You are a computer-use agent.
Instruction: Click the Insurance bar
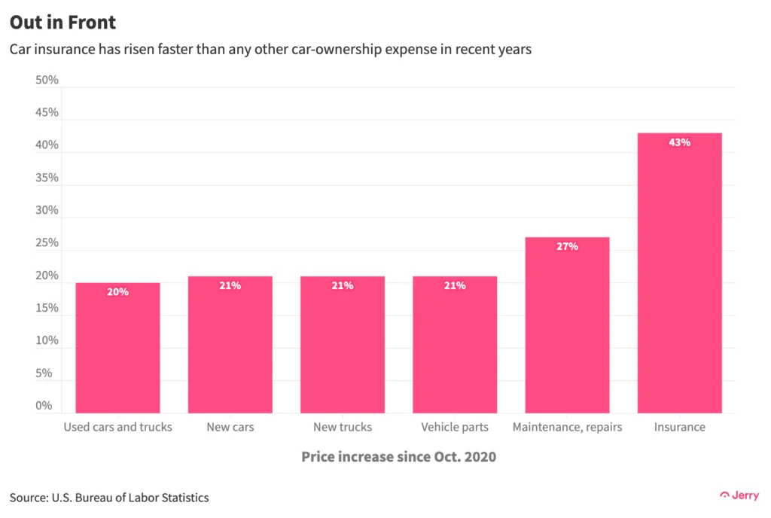pos(679,273)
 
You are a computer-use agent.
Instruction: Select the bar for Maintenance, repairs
pos(567,325)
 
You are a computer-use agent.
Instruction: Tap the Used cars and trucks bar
pos(117,347)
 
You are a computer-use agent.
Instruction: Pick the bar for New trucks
pos(343,344)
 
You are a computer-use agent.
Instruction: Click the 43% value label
pos(679,142)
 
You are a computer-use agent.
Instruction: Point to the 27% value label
pos(567,246)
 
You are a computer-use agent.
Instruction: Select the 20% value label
pos(117,291)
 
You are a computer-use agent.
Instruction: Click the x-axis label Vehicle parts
pos(455,427)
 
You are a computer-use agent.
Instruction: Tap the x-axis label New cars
pos(230,427)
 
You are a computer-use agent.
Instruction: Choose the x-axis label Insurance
pos(679,427)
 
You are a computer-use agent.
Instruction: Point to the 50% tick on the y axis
pos(47,81)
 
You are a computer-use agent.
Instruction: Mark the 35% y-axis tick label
pos(47,178)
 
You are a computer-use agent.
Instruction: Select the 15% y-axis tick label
pos(47,309)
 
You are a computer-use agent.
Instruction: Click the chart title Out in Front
pos(63,23)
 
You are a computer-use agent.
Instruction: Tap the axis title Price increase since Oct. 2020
pos(398,457)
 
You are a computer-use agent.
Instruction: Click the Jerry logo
pos(739,495)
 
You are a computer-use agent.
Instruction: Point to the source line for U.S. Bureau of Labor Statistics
pos(109,498)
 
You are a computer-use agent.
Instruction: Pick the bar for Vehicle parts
pos(455,344)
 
